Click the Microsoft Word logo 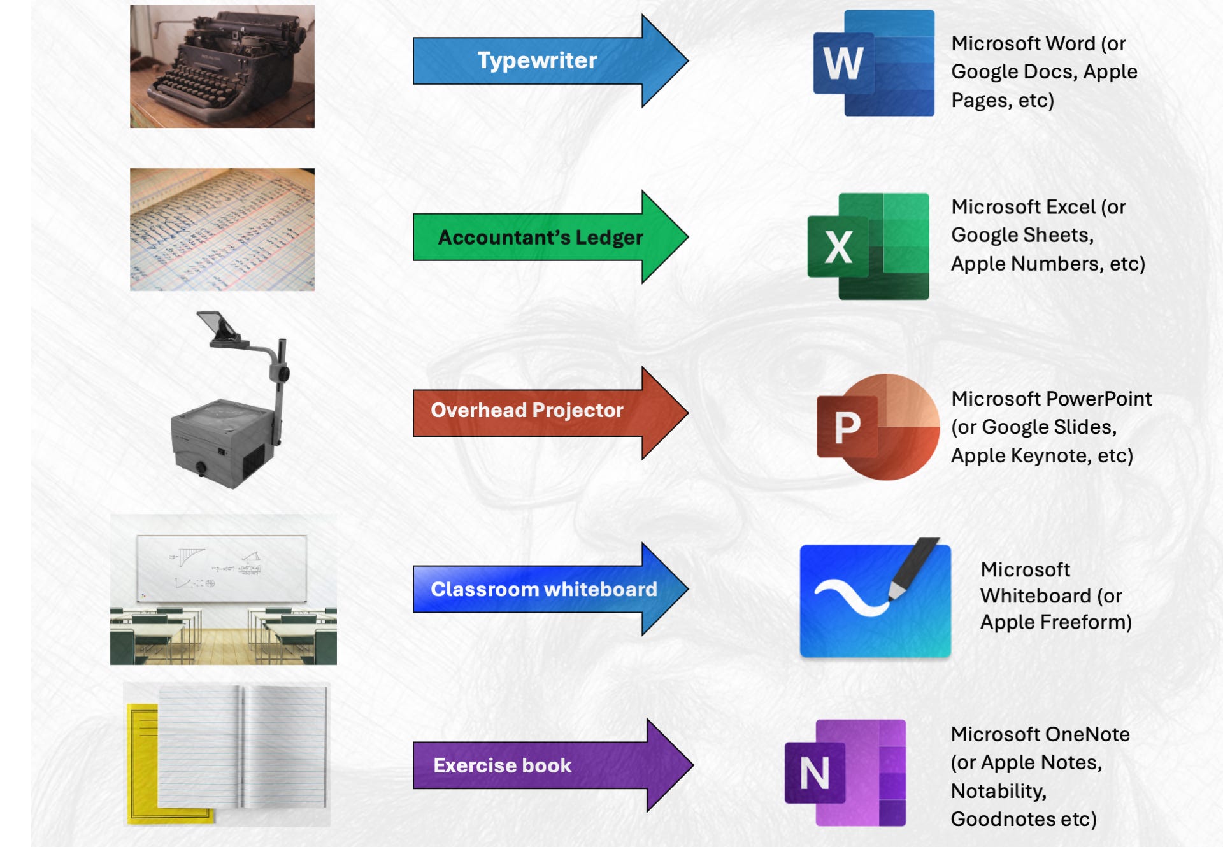pyautogui.click(x=873, y=63)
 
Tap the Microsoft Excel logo pyautogui.click(x=868, y=246)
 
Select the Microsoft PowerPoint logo pyautogui.click(x=878, y=427)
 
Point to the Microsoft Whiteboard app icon pyautogui.click(x=875, y=599)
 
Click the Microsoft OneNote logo pyautogui.click(x=846, y=772)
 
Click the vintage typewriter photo pyautogui.click(x=222, y=67)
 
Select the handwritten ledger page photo pyautogui.click(x=222, y=229)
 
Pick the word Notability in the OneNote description pyautogui.click(x=998, y=791)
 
